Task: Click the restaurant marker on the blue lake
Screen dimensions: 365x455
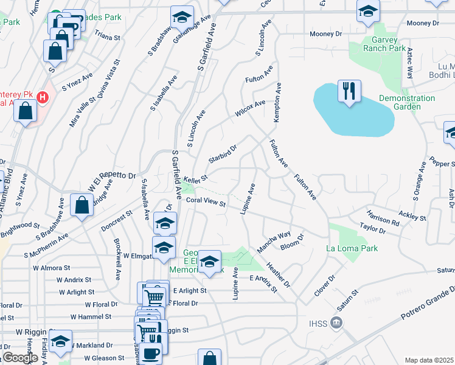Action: (349, 91)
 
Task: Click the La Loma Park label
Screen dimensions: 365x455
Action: (352, 248)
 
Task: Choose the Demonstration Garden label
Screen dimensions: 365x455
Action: (399, 102)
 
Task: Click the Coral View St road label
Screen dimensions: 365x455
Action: (206, 201)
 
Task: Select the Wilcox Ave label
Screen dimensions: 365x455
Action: (251, 109)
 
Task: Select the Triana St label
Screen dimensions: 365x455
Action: (107, 36)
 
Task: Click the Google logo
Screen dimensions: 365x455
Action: (20, 357)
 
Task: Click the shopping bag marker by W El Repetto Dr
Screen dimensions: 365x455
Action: (82, 206)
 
